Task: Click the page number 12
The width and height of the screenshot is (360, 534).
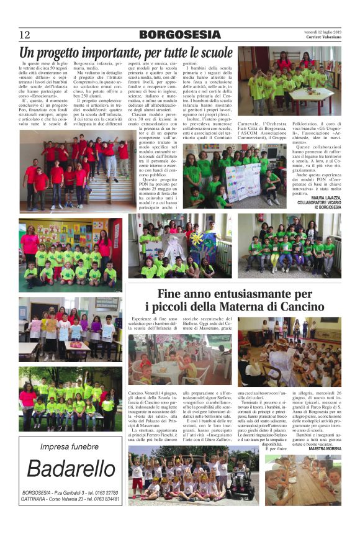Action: pos(25,34)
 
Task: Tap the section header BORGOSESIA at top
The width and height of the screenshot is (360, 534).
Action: pos(178,35)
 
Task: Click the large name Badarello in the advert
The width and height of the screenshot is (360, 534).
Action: pos(70,469)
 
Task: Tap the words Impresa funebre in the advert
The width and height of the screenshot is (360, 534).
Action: pos(70,446)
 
